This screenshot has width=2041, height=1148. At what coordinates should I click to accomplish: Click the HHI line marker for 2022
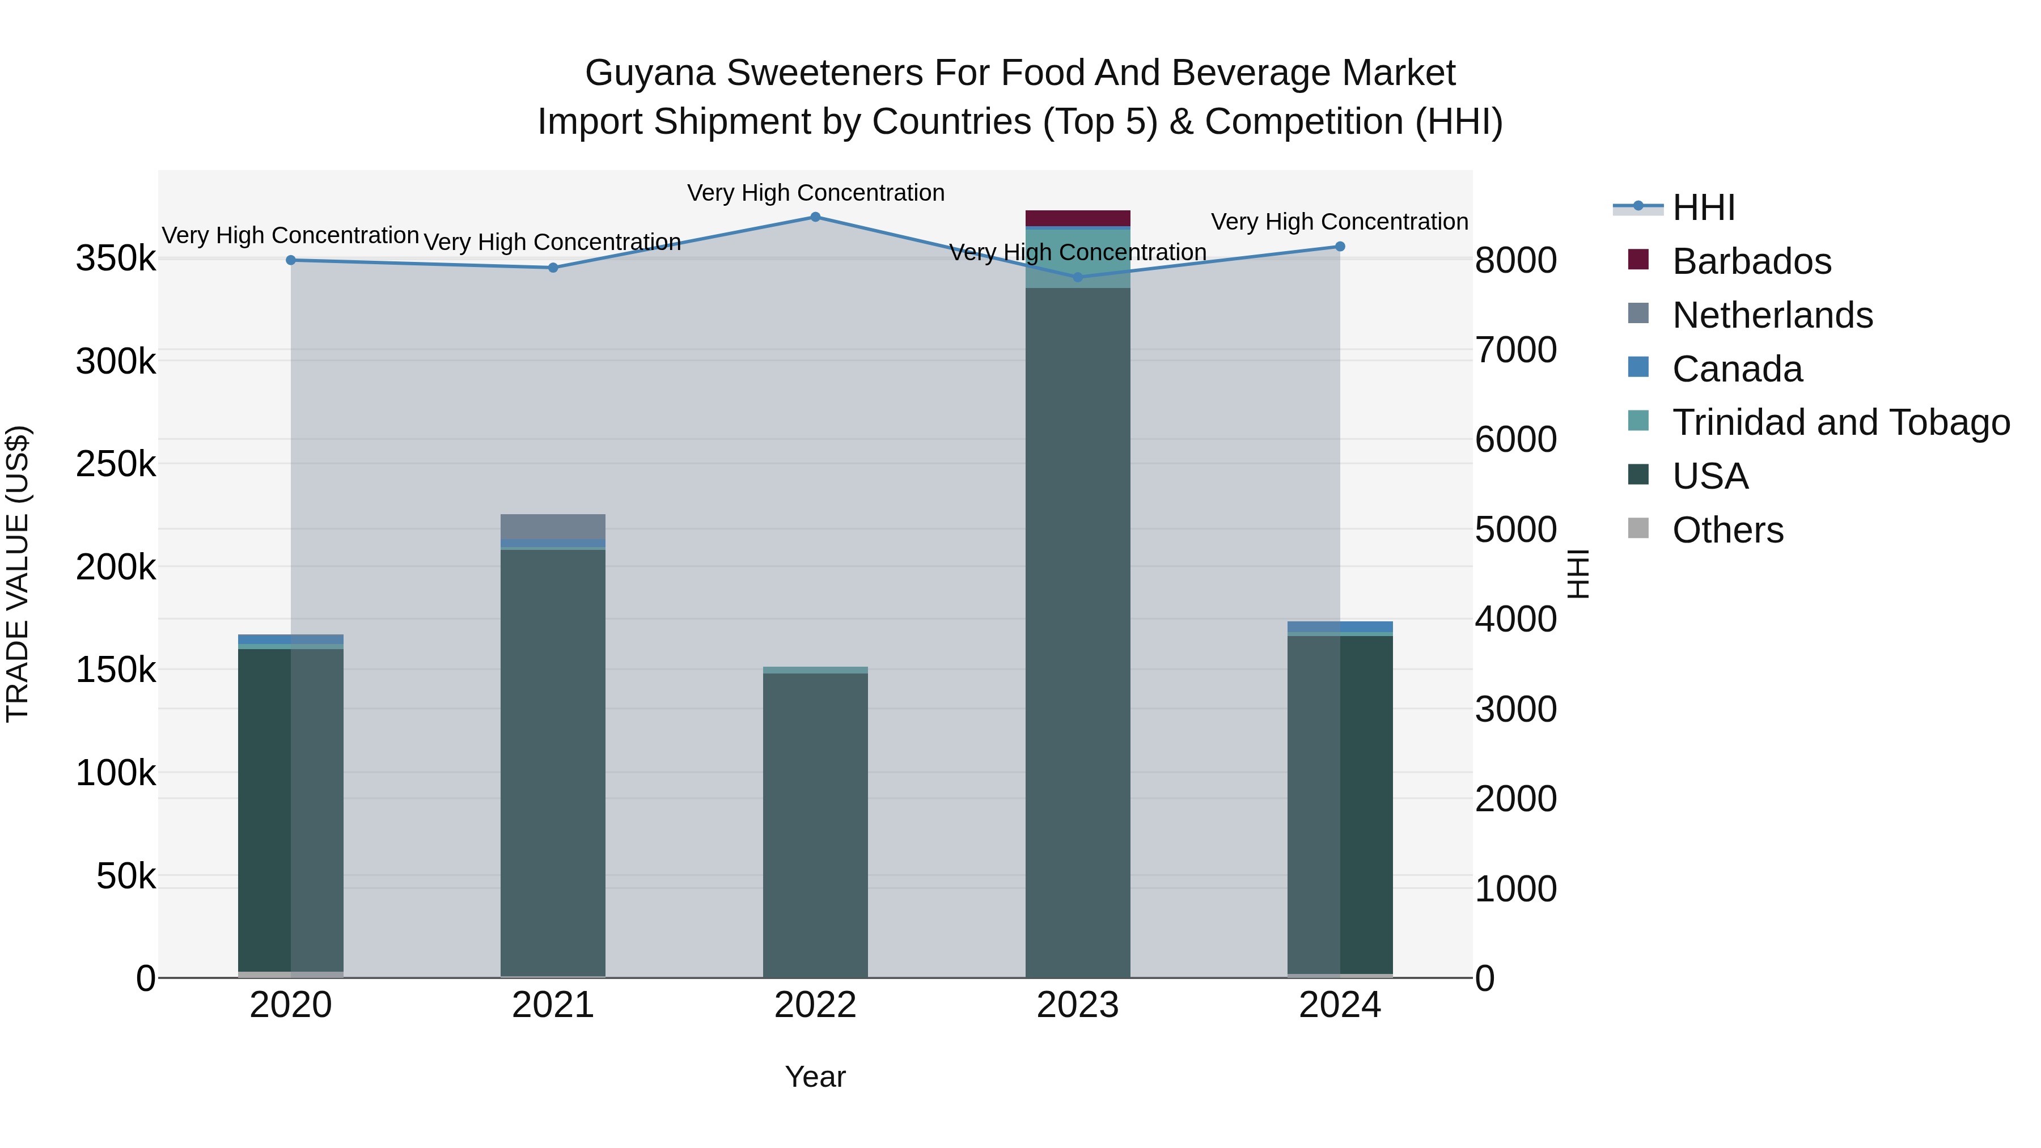tap(815, 217)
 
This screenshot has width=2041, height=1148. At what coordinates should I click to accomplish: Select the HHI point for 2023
tap(1078, 277)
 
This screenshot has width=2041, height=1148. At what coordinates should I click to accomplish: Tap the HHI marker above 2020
tap(291, 260)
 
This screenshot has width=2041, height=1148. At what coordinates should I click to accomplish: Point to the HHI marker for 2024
tap(1340, 247)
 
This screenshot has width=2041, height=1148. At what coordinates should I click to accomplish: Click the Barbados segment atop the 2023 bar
tap(1078, 218)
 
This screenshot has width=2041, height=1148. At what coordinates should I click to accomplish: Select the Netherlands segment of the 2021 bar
tap(553, 526)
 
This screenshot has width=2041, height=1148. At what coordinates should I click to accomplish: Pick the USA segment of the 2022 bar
tap(815, 824)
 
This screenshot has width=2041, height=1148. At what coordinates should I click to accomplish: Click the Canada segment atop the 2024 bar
tap(1340, 626)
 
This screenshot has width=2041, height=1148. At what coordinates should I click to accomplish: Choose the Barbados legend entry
tap(1751, 261)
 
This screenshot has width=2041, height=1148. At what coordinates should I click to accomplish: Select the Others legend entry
tap(1727, 530)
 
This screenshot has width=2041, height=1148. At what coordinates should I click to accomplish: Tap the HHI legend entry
tap(1704, 207)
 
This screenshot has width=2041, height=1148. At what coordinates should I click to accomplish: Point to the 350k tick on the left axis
tap(116, 259)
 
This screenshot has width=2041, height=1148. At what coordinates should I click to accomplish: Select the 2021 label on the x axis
tap(553, 1005)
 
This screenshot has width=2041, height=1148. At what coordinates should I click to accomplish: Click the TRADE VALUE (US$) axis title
tap(18, 574)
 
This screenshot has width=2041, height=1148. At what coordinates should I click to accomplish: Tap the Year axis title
tap(815, 1077)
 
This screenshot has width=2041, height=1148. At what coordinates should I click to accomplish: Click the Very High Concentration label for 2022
tap(815, 193)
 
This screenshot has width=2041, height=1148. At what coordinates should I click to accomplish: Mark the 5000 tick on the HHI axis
tap(1515, 529)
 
